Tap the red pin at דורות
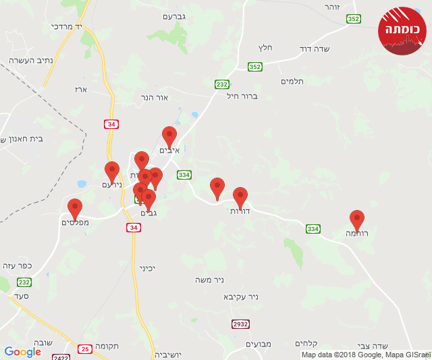[240, 198]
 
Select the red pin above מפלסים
[75, 209]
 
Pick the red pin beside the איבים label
[169, 137]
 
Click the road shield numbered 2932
[240, 324]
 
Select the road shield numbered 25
[84, 349]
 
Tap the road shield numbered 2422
[61, 357]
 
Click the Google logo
[22, 352]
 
